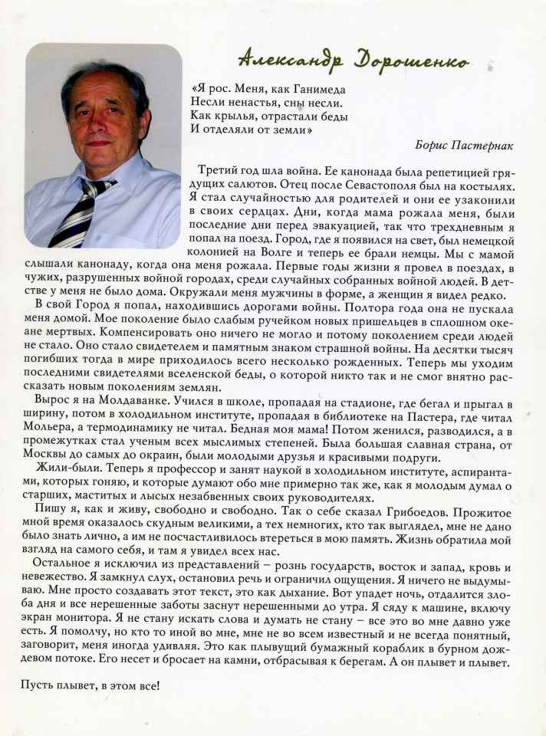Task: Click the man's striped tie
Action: tap(84, 211)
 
